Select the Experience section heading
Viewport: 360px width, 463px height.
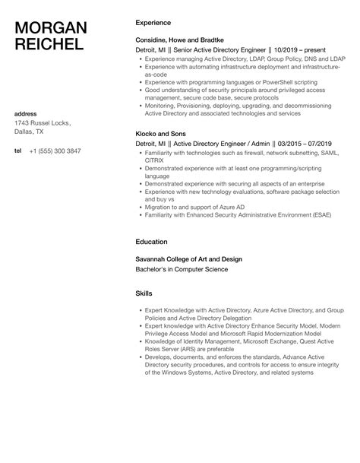[x=153, y=23]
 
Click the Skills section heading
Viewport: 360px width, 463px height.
[x=144, y=293]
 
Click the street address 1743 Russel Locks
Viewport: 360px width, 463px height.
[x=43, y=123]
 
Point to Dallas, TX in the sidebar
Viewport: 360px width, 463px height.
[x=31, y=132]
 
